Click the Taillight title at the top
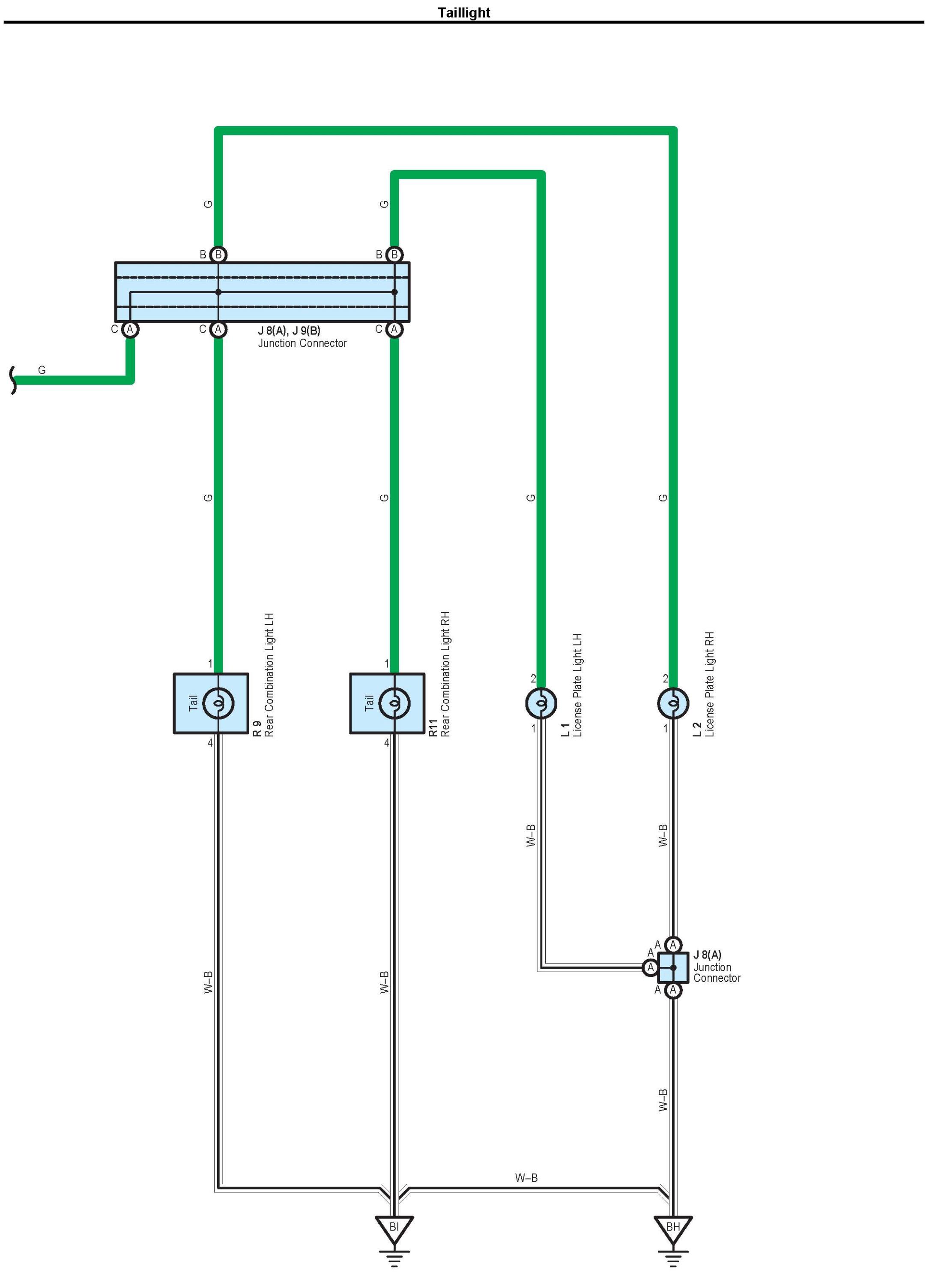[463, 12]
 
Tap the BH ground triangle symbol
[673, 1228]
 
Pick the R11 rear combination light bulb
[394, 703]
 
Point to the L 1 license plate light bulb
[541, 703]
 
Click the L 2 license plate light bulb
[673, 703]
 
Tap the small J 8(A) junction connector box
[673, 967]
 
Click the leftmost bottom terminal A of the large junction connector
[130, 330]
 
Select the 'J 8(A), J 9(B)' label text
[289, 330]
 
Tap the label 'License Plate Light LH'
[578, 685]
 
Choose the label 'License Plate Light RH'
[710, 684]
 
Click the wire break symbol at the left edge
[13, 380]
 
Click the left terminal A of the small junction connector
[651, 967]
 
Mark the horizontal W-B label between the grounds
[526, 1177]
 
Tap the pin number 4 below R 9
[210, 743]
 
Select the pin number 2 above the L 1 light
[533, 679]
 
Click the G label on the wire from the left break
[42, 370]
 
